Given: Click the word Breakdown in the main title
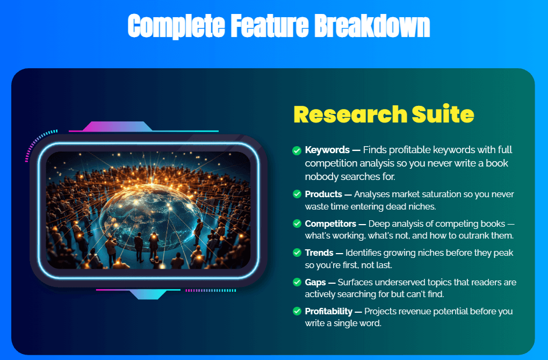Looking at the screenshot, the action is coord(372,26).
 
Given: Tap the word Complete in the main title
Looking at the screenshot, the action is coord(176,26).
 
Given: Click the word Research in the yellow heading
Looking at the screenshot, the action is coord(350,114).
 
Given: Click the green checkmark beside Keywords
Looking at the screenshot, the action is coord(297,150).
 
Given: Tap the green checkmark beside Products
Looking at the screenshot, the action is coord(297,194).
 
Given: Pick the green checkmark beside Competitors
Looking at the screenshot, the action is coord(297,224).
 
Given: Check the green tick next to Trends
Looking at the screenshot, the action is coord(297,253).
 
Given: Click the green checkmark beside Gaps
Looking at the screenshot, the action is coord(297,282).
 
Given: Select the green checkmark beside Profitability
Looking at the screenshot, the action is coord(297,311).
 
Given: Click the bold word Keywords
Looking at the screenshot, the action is coord(327,150).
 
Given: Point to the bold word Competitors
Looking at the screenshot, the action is coord(330,224).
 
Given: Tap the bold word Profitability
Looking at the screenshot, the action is coord(328,312).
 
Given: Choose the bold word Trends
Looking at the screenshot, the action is coord(319,253).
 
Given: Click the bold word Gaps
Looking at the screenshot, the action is coord(315,283).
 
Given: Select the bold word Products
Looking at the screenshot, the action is coord(323,194).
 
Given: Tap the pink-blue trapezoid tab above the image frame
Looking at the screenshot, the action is coord(118,126).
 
